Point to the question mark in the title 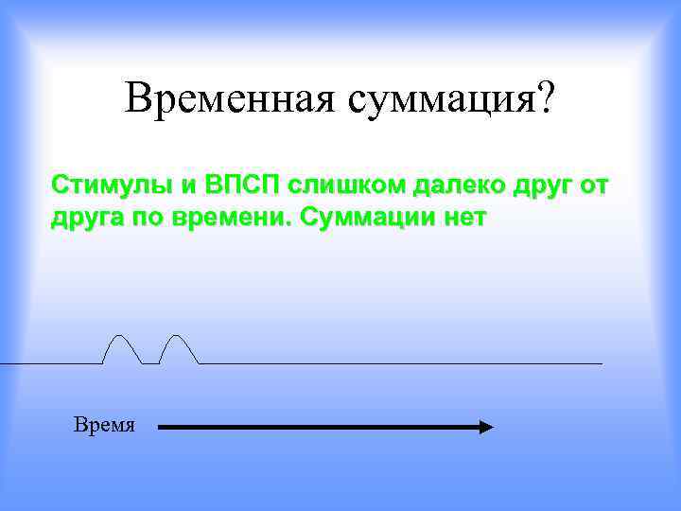pyautogui.click(x=550, y=97)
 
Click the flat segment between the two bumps pyautogui.click(x=150, y=363)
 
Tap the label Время pyautogui.click(x=104, y=425)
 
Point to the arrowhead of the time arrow pyautogui.click(x=486, y=428)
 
